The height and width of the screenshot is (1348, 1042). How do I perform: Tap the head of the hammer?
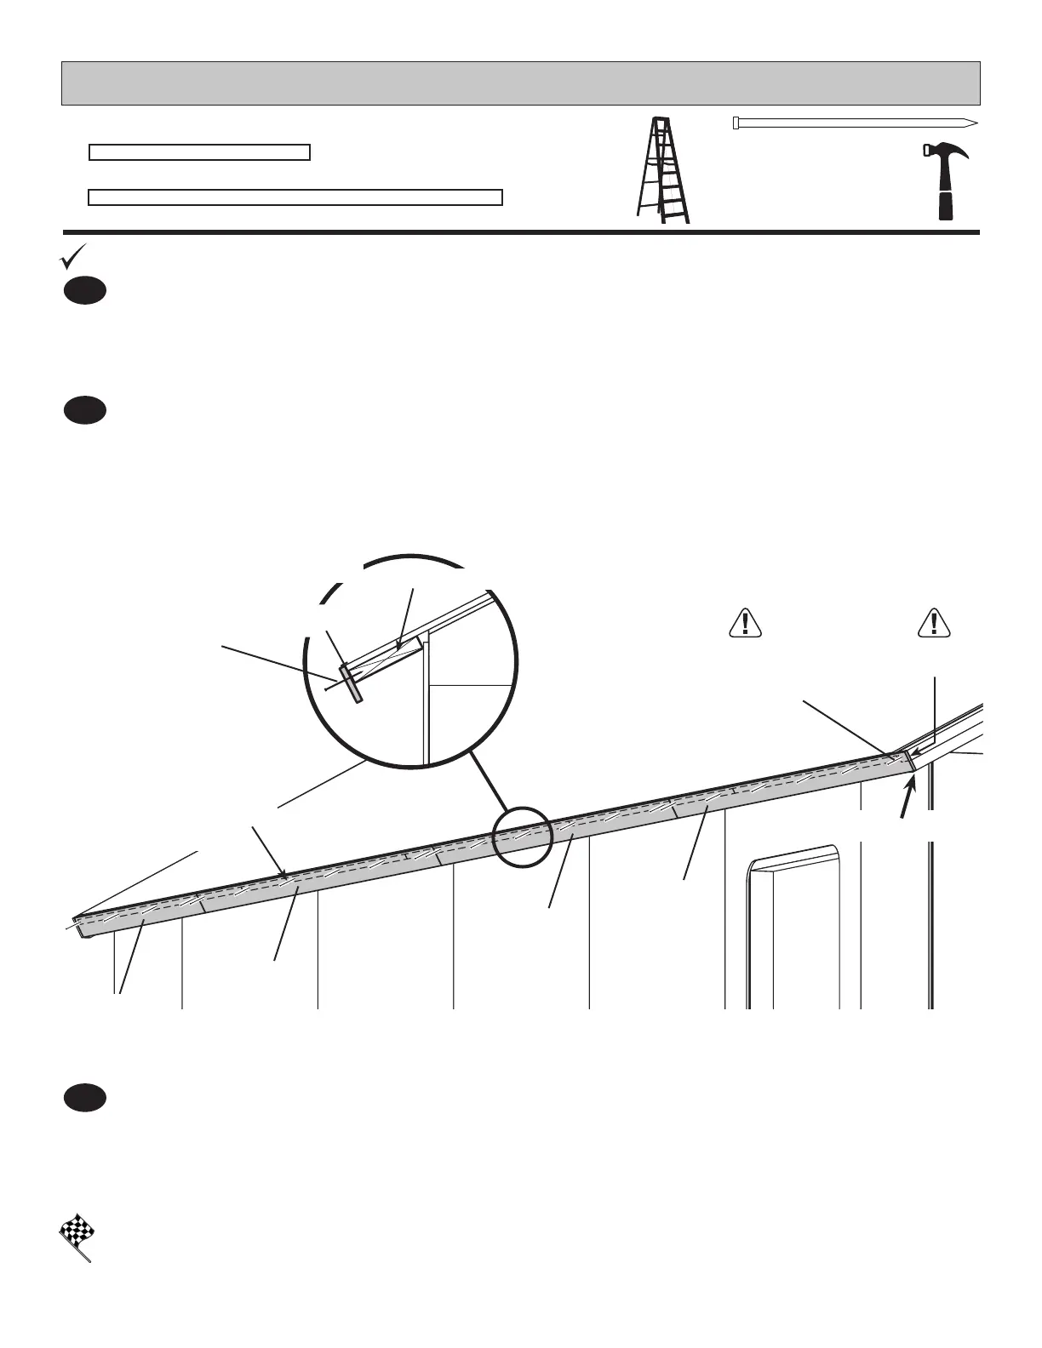click(x=946, y=153)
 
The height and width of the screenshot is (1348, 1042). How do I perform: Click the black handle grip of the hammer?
click(x=946, y=205)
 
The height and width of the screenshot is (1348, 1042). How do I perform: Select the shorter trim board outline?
click(x=199, y=153)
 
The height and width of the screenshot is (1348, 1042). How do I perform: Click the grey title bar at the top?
click(x=521, y=83)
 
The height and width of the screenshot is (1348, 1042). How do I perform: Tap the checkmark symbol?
click(x=72, y=256)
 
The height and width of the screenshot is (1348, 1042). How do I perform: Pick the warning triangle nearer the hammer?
click(x=934, y=624)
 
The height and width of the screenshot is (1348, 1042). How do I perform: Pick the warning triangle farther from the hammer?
click(x=745, y=624)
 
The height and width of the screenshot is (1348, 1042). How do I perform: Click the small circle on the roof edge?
click(x=523, y=837)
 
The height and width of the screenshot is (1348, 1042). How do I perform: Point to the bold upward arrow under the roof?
click(x=910, y=799)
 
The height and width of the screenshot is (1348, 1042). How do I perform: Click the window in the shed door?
click(x=793, y=928)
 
